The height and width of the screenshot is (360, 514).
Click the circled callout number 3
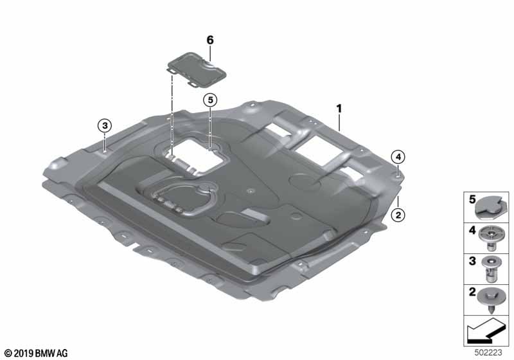pyautogui.click(x=105, y=125)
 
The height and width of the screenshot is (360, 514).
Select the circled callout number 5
pyautogui.click(x=210, y=100)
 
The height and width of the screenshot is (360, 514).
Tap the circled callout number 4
pyautogui.click(x=398, y=157)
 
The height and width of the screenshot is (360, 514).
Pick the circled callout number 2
pyautogui.click(x=398, y=215)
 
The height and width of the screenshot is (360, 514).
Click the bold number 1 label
pyautogui.click(x=339, y=109)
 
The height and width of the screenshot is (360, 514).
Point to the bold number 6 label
pyautogui.click(x=210, y=40)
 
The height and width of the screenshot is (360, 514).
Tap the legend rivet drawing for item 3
pyautogui.click(x=490, y=270)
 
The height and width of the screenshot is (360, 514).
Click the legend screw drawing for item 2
pyautogui.click(x=491, y=300)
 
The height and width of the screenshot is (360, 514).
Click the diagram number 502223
pyautogui.click(x=488, y=352)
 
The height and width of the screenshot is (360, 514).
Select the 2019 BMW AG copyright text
pyautogui.click(x=37, y=353)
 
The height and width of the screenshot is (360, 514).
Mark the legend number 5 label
pyautogui.click(x=472, y=200)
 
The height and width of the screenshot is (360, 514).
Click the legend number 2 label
pyautogui.click(x=472, y=291)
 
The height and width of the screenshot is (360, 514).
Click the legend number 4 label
pyautogui.click(x=472, y=231)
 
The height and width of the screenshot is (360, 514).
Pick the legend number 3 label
pyautogui.click(x=472, y=261)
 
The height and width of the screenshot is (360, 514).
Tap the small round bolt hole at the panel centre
pyautogui.click(x=251, y=191)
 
